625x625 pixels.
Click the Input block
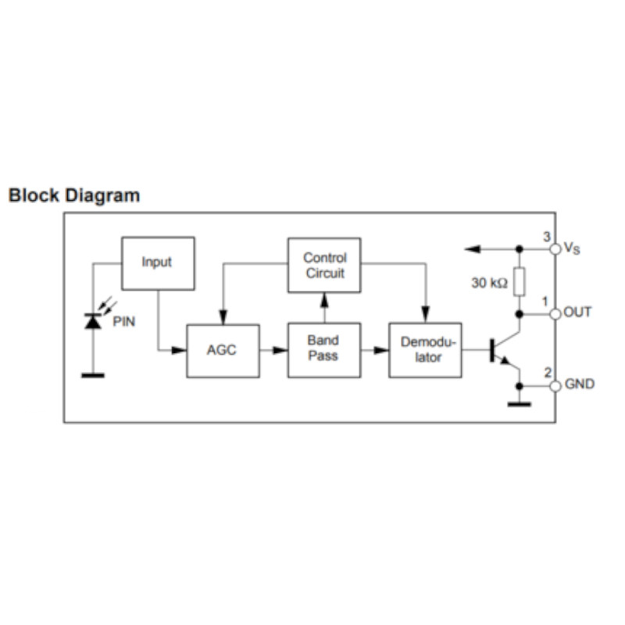159,263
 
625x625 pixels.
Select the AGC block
223,351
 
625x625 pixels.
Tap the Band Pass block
324,350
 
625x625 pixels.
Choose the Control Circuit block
324,265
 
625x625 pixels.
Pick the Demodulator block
425,350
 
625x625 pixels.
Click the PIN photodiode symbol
93,321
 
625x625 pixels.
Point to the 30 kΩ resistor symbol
519,282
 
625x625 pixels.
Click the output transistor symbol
505,351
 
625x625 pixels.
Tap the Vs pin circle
555,249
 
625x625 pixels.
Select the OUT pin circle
555,314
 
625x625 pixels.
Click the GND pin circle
555,386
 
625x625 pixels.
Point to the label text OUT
577,312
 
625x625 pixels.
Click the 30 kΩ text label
490,283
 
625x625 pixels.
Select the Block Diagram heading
74,195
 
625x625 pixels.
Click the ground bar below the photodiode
93,375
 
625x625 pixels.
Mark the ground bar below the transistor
519,404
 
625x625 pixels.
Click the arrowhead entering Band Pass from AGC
280,350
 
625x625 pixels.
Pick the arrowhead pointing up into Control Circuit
324,300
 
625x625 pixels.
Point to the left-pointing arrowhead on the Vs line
473,249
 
